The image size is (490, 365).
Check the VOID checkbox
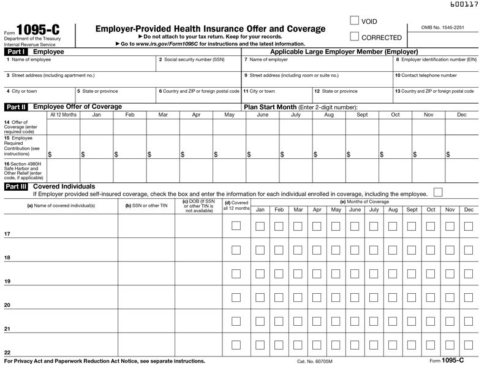[x=354, y=21]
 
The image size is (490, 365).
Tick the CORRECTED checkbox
[x=354, y=37]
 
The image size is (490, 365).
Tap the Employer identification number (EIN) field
[x=435, y=64]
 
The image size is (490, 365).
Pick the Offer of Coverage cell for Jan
[x=96, y=126]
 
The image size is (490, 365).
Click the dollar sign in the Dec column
[x=448, y=155]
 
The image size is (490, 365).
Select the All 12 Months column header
[x=63, y=115]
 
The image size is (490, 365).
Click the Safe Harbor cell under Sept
[x=362, y=171]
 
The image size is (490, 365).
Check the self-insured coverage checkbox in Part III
[x=437, y=193]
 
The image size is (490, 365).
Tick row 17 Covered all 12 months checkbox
[x=236, y=226]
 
